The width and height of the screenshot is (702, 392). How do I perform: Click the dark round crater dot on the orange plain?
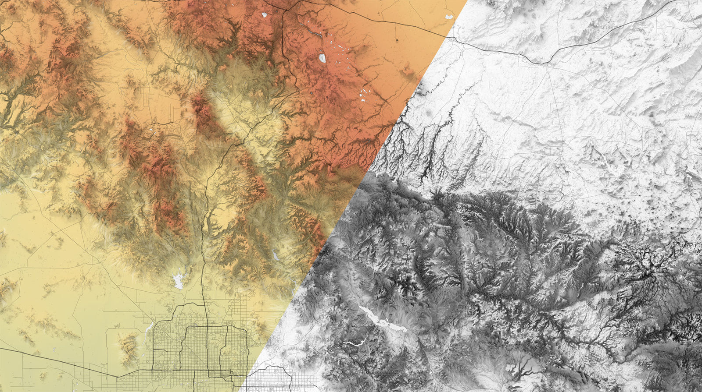(397, 40)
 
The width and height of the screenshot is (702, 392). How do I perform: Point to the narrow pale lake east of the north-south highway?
(275, 254)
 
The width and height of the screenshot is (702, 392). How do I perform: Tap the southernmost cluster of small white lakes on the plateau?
(364, 95)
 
